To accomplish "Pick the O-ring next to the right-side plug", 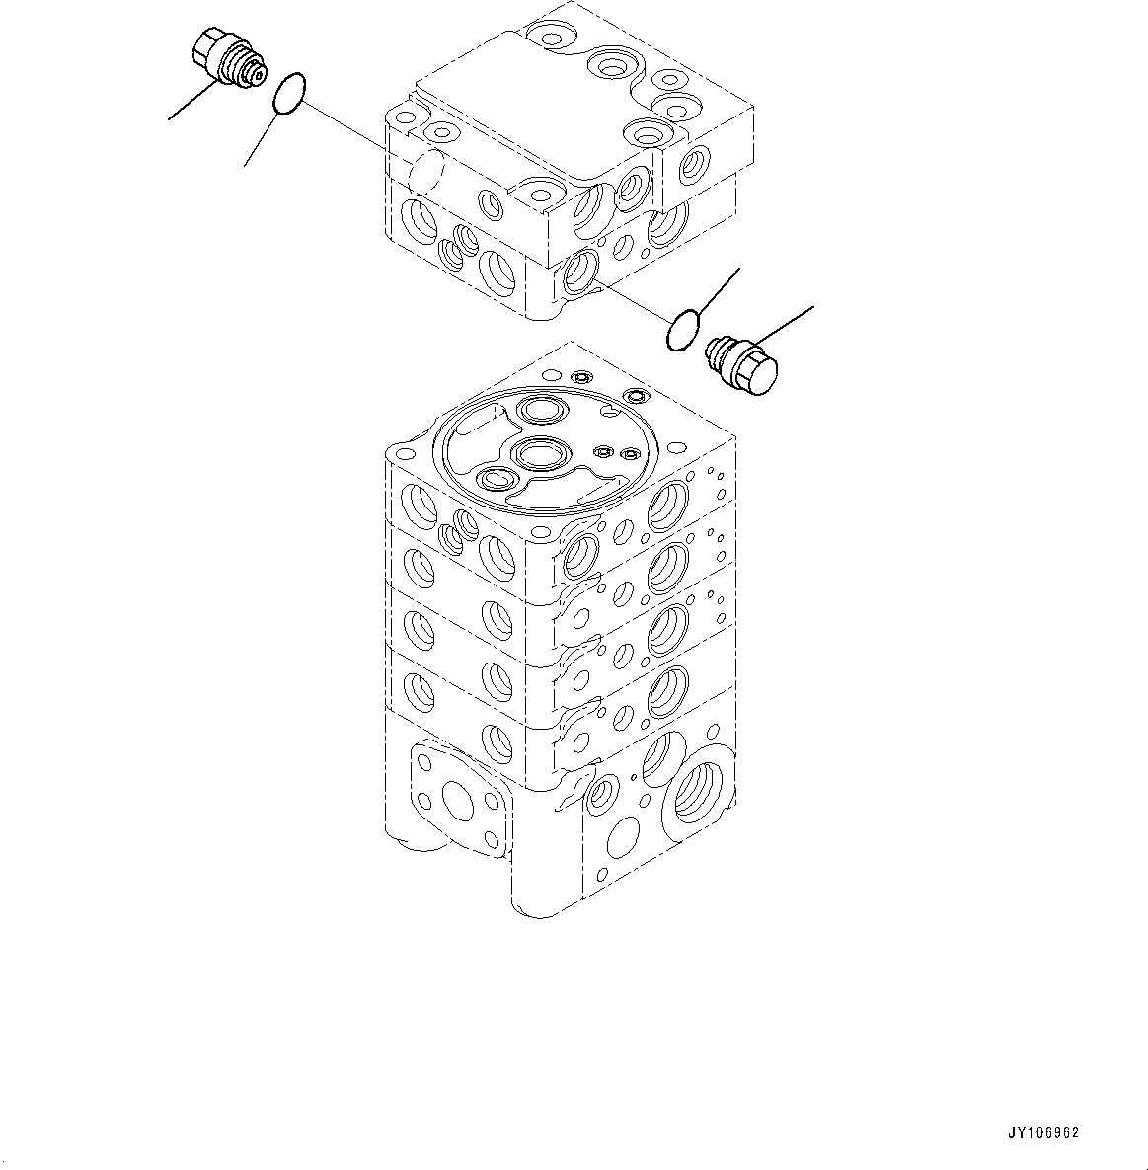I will [x=683, y=330].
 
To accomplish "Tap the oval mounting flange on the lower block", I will [x=462, y=795].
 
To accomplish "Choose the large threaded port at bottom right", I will [x=701, y=791].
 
